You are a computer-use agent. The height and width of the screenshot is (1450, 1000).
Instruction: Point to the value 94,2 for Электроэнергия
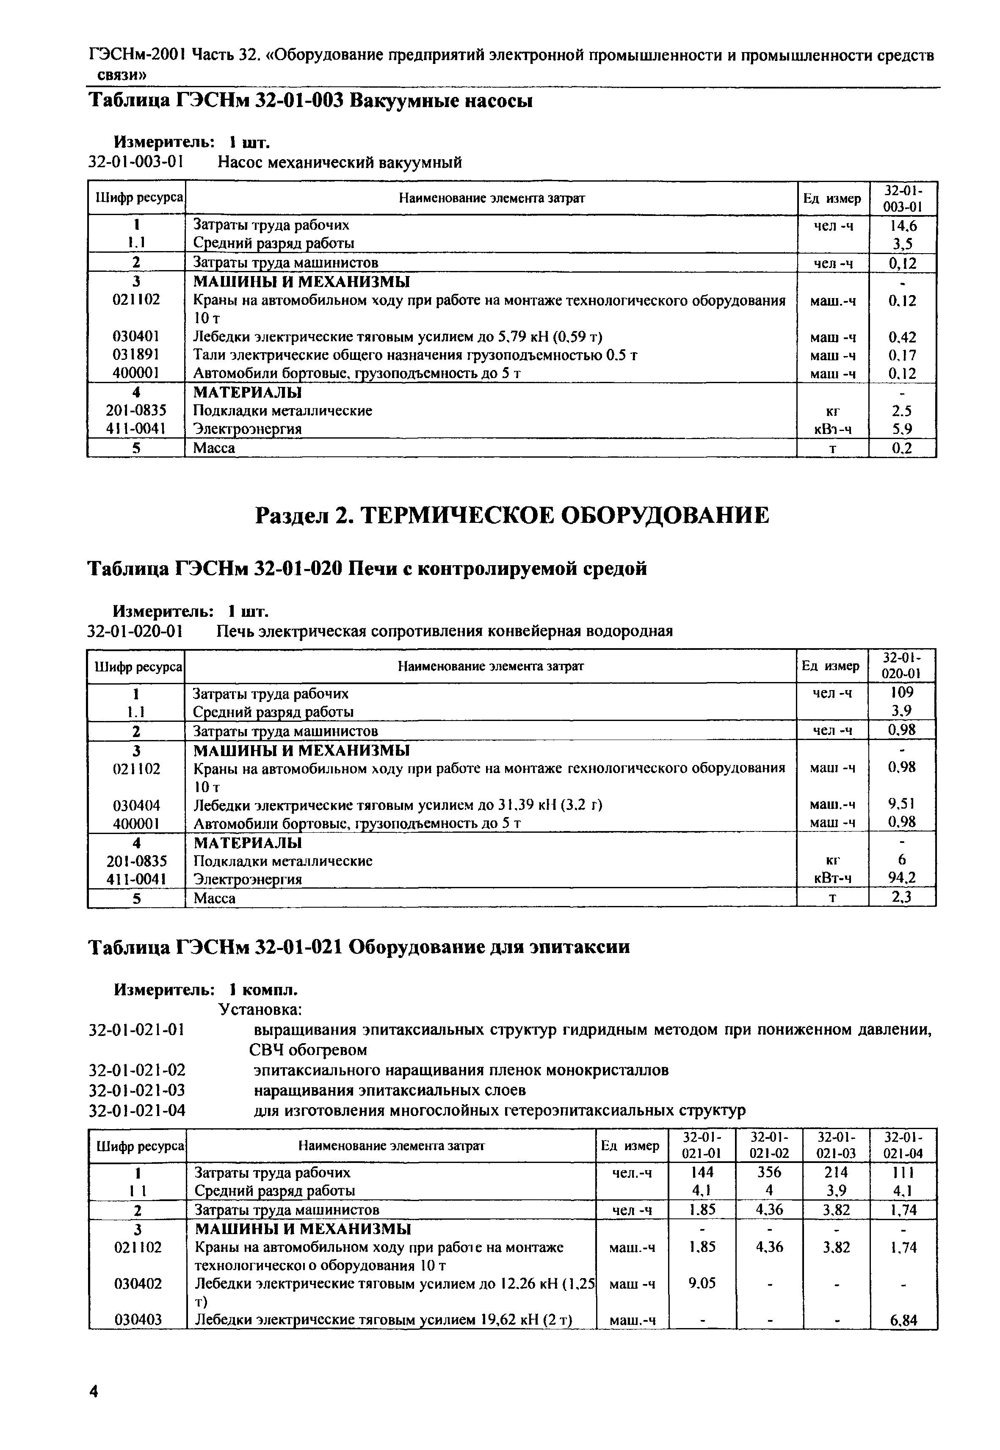(902, 878)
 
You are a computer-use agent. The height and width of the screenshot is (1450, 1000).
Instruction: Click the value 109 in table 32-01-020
(902, 693)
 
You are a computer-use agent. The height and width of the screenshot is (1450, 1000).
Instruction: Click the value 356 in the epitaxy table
(769, 1172)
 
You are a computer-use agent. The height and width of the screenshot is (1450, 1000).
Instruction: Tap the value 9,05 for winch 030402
(702, 1283)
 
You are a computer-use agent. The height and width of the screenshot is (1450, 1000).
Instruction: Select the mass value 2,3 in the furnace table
(902, 898)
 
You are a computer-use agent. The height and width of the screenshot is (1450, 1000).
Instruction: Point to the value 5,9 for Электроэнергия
(902, 429)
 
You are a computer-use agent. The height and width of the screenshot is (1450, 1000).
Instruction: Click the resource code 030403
(138, 1320)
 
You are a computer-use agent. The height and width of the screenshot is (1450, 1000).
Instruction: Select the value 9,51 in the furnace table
(902, 804)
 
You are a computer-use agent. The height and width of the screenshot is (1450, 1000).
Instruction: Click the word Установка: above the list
(260, 1009)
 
